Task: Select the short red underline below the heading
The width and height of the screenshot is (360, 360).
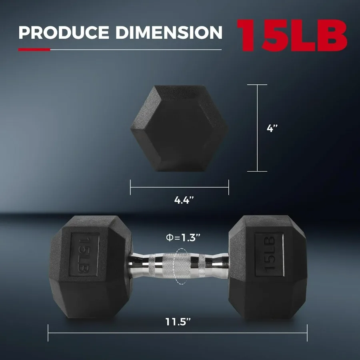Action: pyautogui.click(x=34, y=50)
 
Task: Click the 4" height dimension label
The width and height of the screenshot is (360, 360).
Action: pyautogui.click(x=272, y=128)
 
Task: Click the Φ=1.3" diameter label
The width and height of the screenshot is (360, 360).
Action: pyautogui.click(x=183, y=237)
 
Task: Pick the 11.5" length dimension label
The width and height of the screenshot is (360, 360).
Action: pyautogui.click(x=178, y=321)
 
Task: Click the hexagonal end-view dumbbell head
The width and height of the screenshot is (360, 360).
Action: pyautogui.click(x=179, y=128)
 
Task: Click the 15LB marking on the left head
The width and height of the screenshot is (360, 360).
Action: pyautogui.click(x=84, y=254)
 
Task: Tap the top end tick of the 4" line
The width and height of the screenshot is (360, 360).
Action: pyautogui.click(x=257, y=85)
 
